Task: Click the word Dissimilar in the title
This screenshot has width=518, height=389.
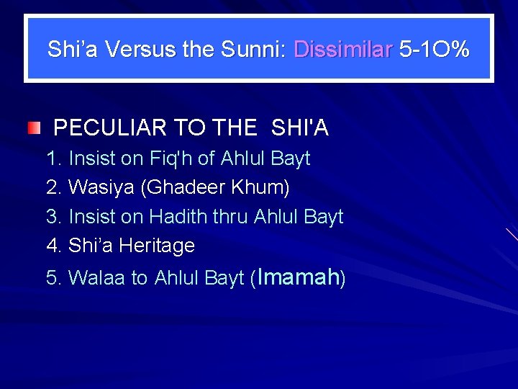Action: tap(343, 50)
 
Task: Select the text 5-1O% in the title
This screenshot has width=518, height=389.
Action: tap(435, 50)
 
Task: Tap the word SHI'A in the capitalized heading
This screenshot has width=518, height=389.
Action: tap(300, 128)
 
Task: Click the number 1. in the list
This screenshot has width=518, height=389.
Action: tap(54, 158)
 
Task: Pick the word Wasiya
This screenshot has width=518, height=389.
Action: tap(101, 188)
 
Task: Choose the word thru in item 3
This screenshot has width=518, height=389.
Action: tap(230, 217)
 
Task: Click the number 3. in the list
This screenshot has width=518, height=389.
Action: tap(54, 217)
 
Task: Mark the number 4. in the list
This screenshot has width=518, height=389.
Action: tap(54, 246)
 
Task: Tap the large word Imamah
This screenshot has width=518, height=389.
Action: tap(298, 277)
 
